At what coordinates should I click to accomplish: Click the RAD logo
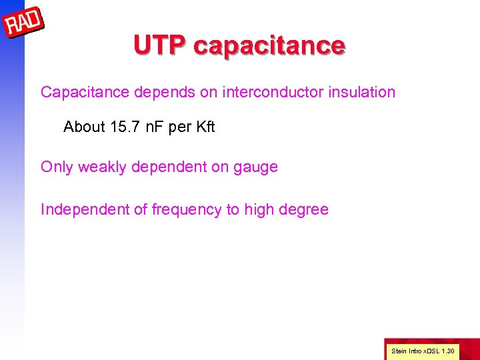click(24, 24)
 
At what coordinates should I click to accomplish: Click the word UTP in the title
click(160, 45)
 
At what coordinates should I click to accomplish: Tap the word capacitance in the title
click(269, 45)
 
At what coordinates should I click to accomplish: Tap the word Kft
click(204, 127)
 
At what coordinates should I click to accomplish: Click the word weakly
click(103, 167)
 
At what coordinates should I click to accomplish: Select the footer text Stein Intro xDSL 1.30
click(423, 351)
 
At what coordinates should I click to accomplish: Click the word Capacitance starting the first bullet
click(85, 92)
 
